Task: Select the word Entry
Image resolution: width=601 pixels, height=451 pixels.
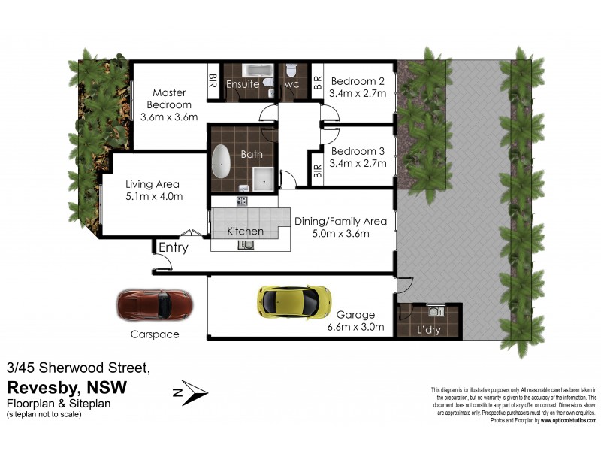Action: [173, 247]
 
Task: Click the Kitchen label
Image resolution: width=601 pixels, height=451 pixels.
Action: [245, 231]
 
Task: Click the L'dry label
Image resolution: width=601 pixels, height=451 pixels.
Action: [429, 330]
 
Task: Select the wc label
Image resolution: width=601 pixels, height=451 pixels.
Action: [291, 85]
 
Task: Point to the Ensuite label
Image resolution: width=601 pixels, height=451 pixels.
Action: [243, 85]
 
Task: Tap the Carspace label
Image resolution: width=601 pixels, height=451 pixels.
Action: [153, 334]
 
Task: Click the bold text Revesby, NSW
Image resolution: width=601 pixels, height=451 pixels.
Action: [67, 387]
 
